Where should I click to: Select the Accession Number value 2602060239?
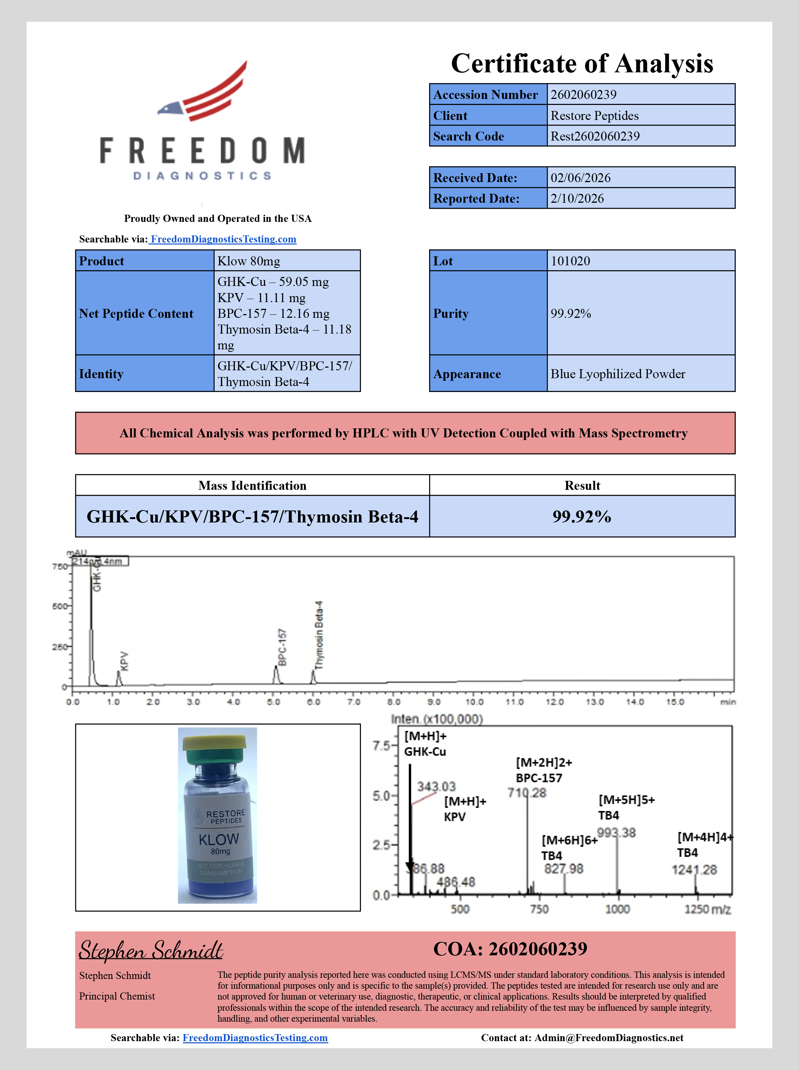[583, 95]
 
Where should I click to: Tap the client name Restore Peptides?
[595, 115]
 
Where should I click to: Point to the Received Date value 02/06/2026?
[580, 178]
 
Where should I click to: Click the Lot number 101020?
[570, 261]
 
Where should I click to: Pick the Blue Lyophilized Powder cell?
[618, 374]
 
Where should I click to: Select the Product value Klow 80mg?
[249, 261]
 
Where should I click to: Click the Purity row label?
[450, 313]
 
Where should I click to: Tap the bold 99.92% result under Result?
[582, 516]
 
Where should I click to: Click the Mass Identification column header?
[252, 486]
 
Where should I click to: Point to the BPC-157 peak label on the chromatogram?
[282, 647]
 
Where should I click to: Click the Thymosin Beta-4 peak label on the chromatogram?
[319, 635]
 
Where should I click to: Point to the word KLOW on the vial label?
[219, 839]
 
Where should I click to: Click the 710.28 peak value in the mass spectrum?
[526, 793]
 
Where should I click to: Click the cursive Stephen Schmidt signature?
[151, 950]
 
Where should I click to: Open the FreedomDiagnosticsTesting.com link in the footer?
[255, 1038]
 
